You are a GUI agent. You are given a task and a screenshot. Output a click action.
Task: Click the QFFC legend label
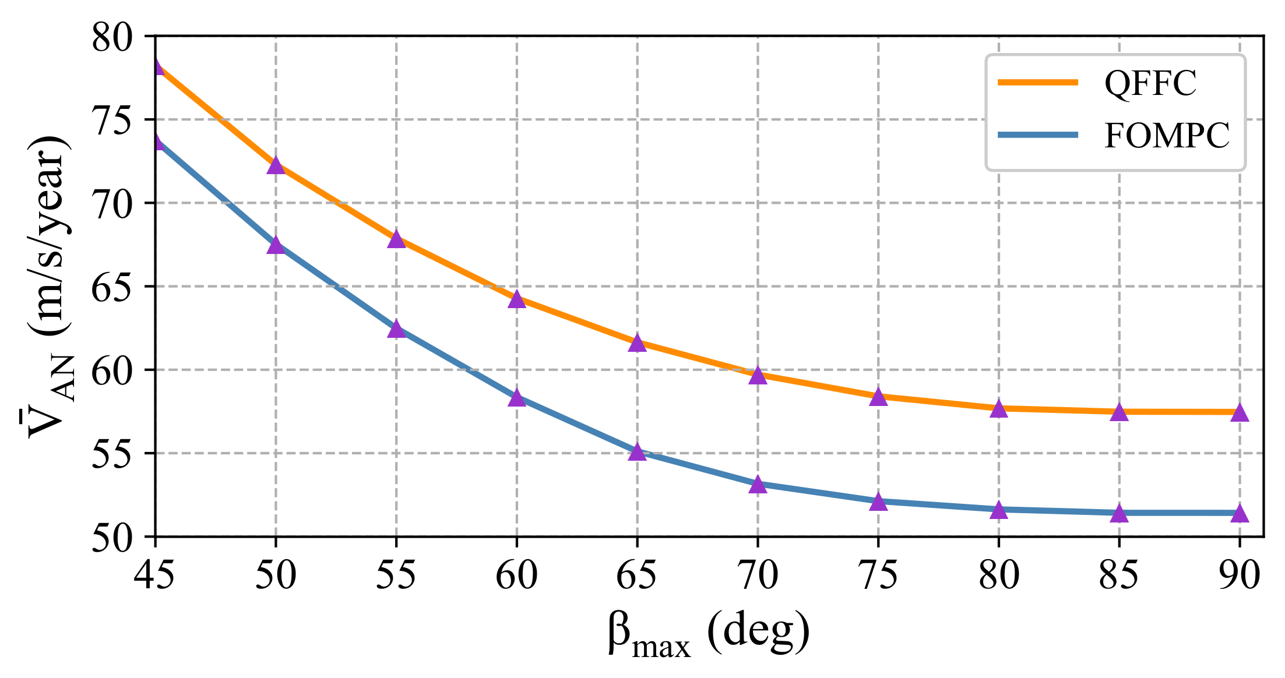(1150, 83)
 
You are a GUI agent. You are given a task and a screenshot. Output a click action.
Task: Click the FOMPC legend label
(1167, 136)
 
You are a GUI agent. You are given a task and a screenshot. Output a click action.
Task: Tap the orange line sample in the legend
(1038, 83)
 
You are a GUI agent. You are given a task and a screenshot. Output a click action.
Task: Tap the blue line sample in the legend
(1038, 135)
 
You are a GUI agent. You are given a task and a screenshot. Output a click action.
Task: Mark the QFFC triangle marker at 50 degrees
(276, 165)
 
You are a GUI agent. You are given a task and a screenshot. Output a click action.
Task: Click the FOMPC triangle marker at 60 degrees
(517, 398)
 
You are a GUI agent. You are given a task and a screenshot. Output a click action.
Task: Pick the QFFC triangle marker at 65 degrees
(638, 343)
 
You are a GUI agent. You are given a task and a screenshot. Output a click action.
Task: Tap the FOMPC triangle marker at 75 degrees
(878, 502)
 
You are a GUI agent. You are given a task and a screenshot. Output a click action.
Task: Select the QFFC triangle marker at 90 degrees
(1240, 413)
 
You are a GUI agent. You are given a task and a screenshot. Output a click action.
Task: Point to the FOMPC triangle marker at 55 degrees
(396, 329)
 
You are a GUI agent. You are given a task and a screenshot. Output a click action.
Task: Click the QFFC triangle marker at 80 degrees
(999, 409)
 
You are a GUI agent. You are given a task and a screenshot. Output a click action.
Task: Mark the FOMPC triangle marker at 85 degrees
(1119, 514)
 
